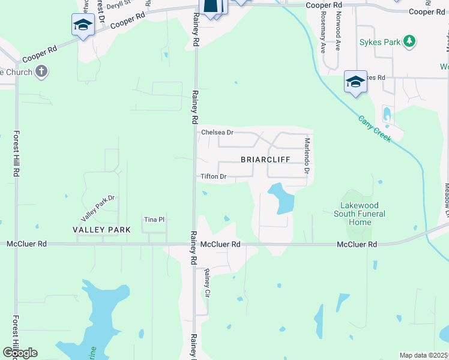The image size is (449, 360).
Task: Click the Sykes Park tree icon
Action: tap(409, 41)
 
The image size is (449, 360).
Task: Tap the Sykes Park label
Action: tap(381, 42)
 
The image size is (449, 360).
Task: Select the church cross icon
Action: tap(41, 73)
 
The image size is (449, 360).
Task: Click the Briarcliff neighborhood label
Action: tap(265, 160)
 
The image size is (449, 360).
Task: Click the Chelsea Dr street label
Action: tap(217, 132)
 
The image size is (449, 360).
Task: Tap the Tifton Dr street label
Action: tap(213, 176)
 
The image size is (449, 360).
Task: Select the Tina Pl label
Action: tap(154, 220)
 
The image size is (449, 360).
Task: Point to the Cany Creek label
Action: tap(375, 128)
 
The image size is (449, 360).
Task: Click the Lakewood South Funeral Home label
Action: tap(360, 214)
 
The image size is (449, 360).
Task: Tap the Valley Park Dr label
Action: tap(98, 207)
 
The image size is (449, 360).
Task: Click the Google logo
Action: tap(20, 353)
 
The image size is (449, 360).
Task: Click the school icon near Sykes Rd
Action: tap(355, 82)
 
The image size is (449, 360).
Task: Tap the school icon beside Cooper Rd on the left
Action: tap(82, 25)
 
